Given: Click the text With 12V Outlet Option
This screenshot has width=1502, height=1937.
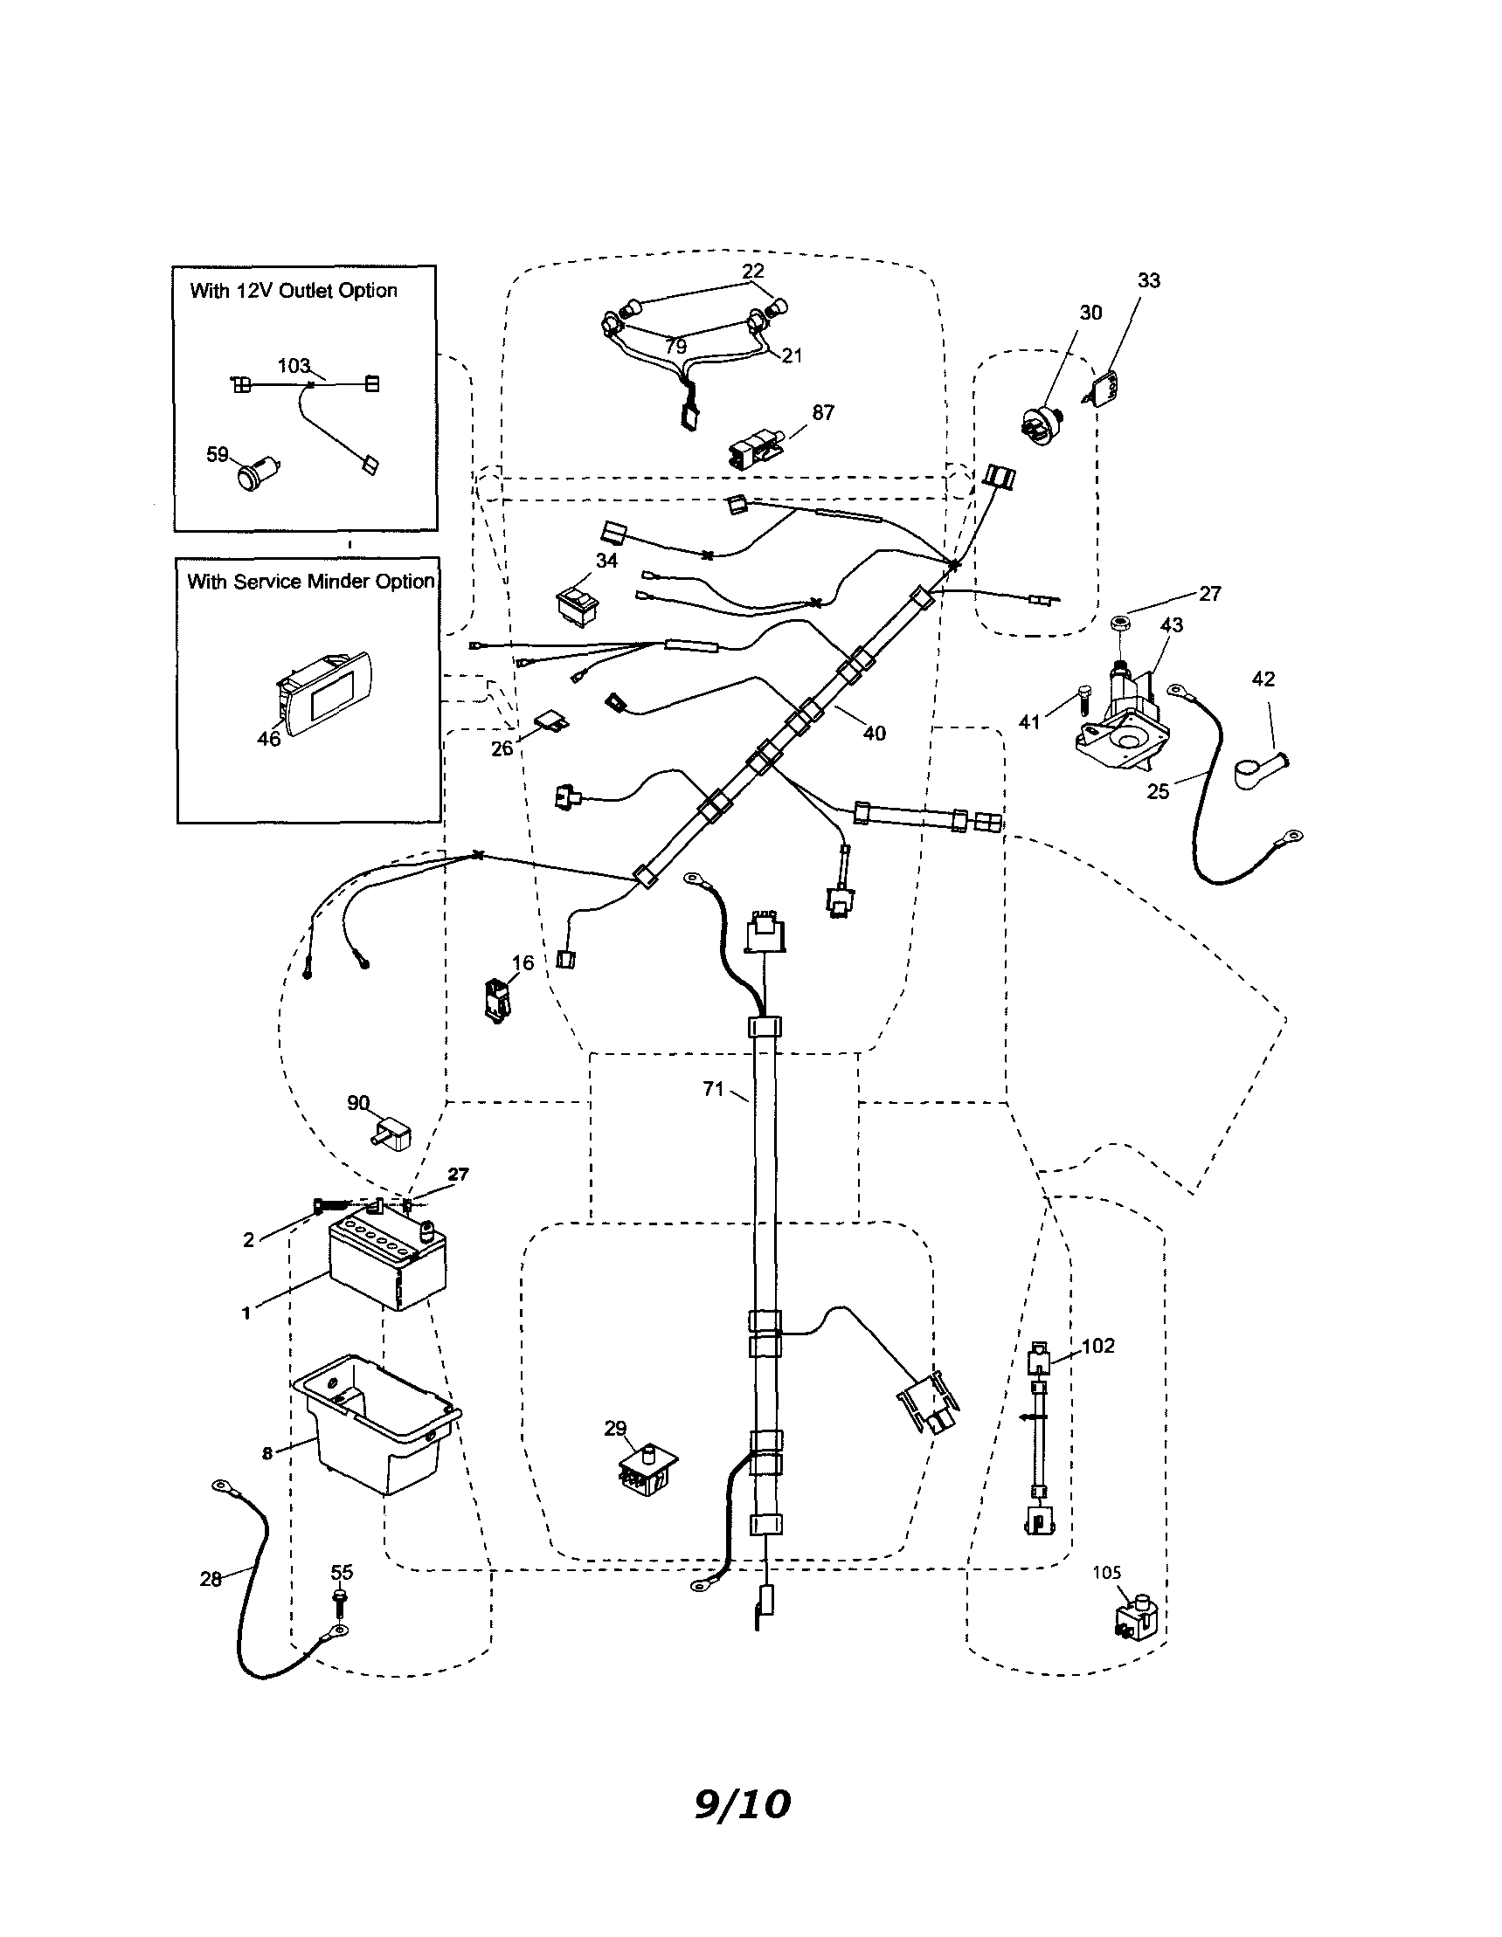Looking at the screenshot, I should coord(294,291).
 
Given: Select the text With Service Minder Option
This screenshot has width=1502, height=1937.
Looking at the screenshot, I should coord(310,582).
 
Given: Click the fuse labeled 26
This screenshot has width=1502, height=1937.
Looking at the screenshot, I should coord(550,722).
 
